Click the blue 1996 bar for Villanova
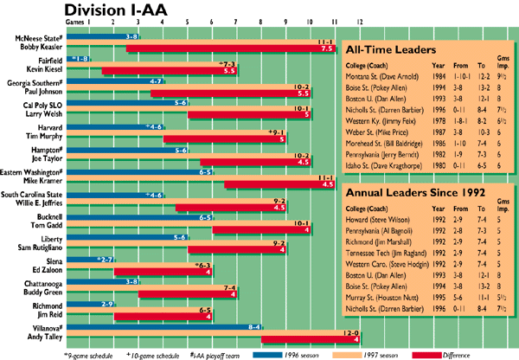pos(164,327)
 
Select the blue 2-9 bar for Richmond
pos(95,304)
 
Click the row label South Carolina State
pos(32,196)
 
